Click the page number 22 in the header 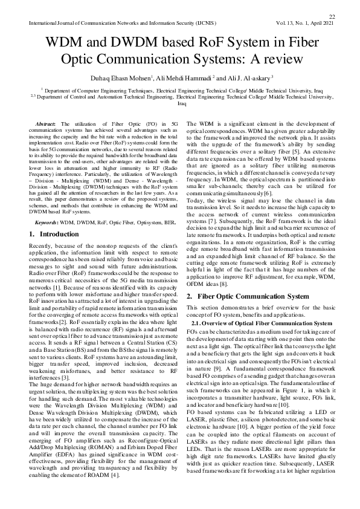[x=332, y=17]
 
